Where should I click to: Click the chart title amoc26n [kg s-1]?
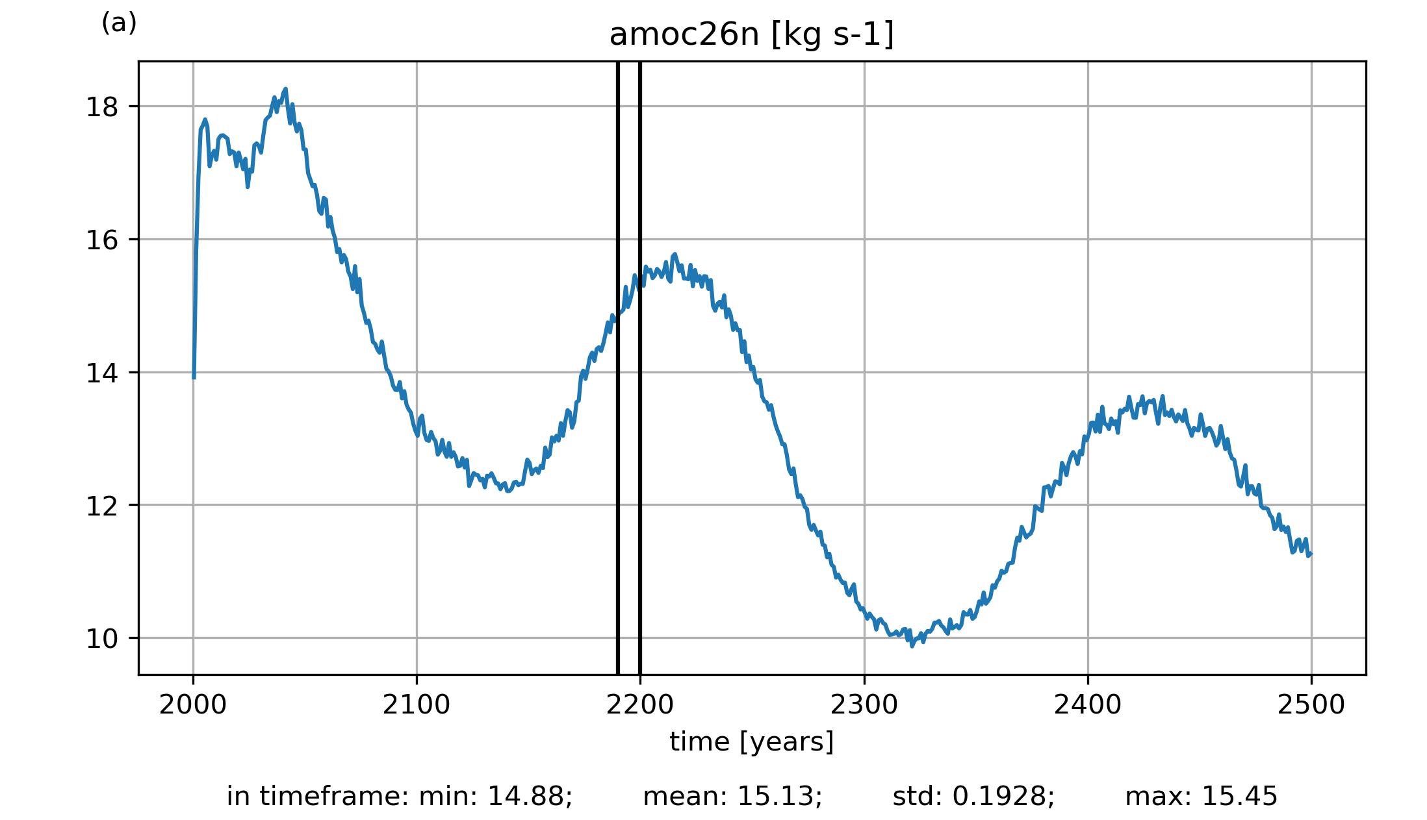pyautogui.click(x=751, y=35)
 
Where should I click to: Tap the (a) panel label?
pyautogui.click(x=119, y=23)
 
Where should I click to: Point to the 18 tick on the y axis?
pyautogui.click(x=102, y=107)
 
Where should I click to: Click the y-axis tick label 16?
pyautogui.click(x=102, y=240)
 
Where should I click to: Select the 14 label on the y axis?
pyautogui.click(x=102, y=373)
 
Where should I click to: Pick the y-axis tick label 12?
pyautogui.click(x=102, y=506)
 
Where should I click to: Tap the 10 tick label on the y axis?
pyautogui.click(x=102, y=639)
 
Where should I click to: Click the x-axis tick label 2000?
pyautogui.click(x=193, y=705)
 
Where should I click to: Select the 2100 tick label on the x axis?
pyautogui.click(x=417, y=705)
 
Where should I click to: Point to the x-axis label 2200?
pyautogui.click(x=640, y=705)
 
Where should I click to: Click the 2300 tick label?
pyautogui.click(x=864, y=705)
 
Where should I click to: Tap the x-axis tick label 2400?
pyautogui.click(x=1088, y=705)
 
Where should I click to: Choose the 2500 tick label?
pyautogui.click(x=1311, y=705)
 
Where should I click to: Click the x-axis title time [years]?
pyautogui.click(x=751, y=741)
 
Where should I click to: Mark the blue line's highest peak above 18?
pyautogui.click(x=285, y=90)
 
